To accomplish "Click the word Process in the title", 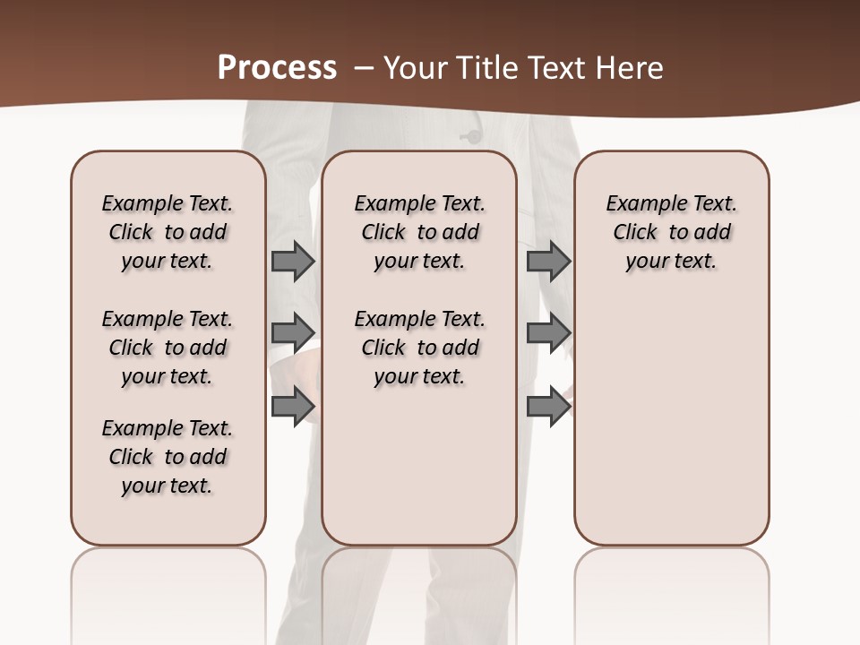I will coord(277,67).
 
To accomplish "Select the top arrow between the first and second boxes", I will coord(292,261).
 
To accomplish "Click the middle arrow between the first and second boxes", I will coord(292,332).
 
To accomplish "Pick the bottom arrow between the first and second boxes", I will coord(292,406).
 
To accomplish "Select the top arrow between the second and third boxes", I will coord(548,261).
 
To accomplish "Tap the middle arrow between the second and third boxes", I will coord(548,332).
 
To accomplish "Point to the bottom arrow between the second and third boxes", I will coord(548,406).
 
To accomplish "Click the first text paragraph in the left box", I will coord(168,232).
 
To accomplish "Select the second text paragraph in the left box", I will coord(168,348).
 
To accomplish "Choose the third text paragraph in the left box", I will coord(168,457).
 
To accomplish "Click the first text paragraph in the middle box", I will coord(419,232).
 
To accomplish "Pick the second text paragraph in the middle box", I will coord(419,348).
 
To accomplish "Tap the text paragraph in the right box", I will coord(671,232).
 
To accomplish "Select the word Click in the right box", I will coord(635,233).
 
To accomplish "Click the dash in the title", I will coord(364,67).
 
